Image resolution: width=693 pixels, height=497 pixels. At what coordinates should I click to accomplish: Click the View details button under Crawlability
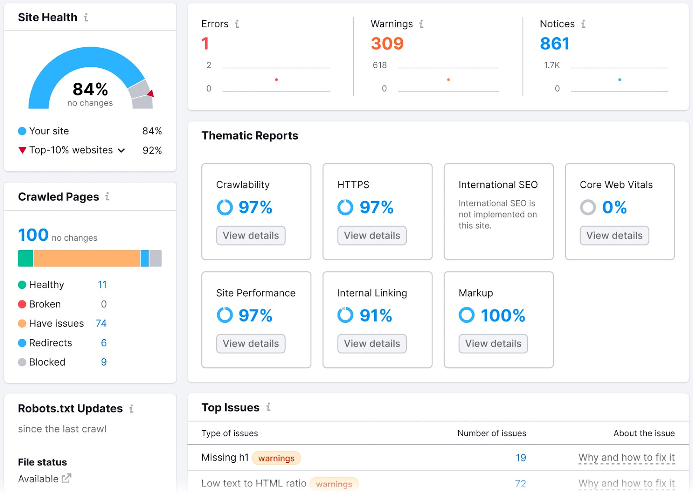tap(251, 235)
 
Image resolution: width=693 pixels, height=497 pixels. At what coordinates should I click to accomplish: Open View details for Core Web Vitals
tap(614, 235)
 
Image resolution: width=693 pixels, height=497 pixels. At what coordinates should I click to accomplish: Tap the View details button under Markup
tap(493, 343)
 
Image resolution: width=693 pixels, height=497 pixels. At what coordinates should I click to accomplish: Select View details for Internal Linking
tap(372, 343)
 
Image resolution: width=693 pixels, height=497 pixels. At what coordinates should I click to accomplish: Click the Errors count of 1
tap(205, 43)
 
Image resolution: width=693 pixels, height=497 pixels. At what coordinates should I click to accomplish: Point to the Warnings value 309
tap(387, 43)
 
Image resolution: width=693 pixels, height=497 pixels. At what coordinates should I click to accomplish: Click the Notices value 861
tap(554, 43)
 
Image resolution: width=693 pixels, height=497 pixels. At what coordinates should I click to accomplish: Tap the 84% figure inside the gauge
tap(90, 89)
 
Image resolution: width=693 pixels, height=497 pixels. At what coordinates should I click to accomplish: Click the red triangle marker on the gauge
tap(151, 93)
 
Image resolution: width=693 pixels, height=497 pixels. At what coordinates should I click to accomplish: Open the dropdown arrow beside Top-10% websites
tap(122, 150)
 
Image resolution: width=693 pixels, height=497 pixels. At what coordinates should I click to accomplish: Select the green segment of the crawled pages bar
tap(26, 258)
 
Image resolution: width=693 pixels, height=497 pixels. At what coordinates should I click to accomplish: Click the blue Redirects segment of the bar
tap(145, 258)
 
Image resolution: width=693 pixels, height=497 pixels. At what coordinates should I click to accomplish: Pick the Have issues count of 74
tap(101, 324)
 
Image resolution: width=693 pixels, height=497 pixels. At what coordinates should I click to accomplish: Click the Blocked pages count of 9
tap(104, 362)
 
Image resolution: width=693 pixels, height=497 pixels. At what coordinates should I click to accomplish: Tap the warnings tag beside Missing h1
tap(276, 458)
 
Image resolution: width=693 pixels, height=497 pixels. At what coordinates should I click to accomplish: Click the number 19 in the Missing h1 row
tap(521, 458)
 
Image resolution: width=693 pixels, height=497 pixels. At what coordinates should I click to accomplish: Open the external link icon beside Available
tap(66, 478)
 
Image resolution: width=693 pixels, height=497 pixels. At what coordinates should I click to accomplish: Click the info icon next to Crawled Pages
tap(107, 196)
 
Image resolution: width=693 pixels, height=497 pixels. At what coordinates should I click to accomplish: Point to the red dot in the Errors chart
tap(276, 80)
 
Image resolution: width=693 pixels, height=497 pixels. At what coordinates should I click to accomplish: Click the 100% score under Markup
tap(503, 315)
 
